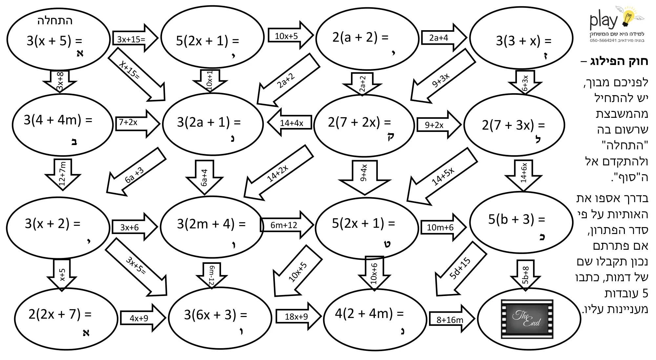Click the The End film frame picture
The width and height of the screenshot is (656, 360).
(527, 319)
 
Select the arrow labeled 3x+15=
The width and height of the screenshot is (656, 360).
(135, 38)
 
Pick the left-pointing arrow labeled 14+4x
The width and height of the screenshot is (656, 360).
(290, 122)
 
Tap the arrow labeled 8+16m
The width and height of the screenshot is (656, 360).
(452, 319)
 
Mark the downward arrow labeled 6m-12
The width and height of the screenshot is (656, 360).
(212, 275)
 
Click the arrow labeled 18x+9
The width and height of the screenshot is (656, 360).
(298, 316)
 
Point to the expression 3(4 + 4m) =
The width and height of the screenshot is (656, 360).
(58, 120)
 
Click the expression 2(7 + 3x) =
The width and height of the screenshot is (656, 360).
(513, 125)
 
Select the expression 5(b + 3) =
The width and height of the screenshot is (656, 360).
(517, 219)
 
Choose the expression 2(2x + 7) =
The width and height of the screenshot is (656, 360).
(60, 314)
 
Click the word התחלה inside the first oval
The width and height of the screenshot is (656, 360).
(55, 21)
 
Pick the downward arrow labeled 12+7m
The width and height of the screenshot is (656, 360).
(62, 174)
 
